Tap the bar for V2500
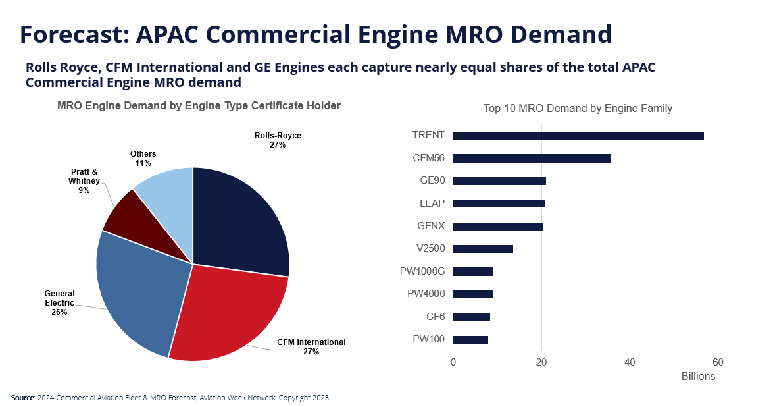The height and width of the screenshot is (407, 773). (483, 249)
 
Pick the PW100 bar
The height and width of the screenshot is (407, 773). (470, 340)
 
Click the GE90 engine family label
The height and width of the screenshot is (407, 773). (432, 181)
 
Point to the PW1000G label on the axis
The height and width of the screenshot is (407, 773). (422, 271)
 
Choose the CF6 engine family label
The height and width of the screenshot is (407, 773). (436, 317)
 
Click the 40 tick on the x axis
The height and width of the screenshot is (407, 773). (630, 362)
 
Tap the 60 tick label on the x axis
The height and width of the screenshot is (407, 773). (718, 362)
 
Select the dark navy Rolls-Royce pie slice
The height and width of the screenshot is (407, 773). (241, 217)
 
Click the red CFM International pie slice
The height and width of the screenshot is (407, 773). (227, 310)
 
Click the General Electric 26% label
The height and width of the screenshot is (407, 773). (59, 303)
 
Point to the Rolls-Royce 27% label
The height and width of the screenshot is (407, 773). (278, 140)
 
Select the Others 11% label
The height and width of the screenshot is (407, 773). (143, 159)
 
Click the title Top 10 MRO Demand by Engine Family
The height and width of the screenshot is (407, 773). (578, 108)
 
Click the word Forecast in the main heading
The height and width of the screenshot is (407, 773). (72, 34)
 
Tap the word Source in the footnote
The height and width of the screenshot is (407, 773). (22, 398)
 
